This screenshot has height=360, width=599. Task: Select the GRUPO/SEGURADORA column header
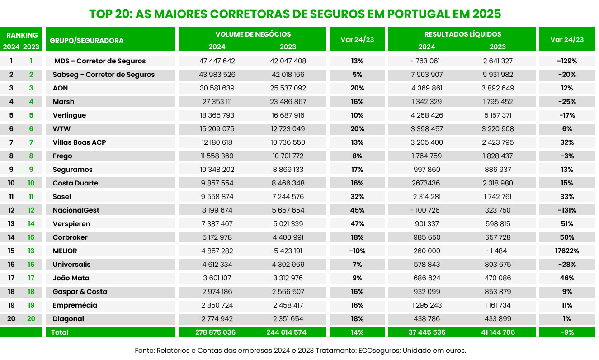[87, 41]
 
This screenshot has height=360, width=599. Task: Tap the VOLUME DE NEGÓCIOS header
[253, 34]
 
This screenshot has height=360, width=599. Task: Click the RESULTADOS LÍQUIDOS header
[462, 34]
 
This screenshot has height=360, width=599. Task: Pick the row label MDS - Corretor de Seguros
[100, 61]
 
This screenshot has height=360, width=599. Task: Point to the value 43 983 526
[217, 75]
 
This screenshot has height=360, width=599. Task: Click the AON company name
[60, 88]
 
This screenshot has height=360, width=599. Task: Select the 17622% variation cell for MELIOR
[567, 251]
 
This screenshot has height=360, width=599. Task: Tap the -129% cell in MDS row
[567, 61]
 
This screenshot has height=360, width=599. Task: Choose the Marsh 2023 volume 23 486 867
[288, 102]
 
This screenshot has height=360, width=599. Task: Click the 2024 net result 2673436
[426, 183]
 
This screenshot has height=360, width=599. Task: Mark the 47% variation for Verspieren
[357, 224]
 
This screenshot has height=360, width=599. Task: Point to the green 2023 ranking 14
[31, 224]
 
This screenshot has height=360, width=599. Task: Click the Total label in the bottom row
[60, 332]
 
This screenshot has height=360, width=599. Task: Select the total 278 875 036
[215, 332]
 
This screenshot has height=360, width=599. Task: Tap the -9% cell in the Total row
[567, 332]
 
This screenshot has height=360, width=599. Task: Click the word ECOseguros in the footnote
[379, 351]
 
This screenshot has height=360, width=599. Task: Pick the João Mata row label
[71, 278]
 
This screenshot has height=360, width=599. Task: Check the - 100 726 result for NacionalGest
[425, 210]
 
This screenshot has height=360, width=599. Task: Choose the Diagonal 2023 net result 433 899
[498, 319]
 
